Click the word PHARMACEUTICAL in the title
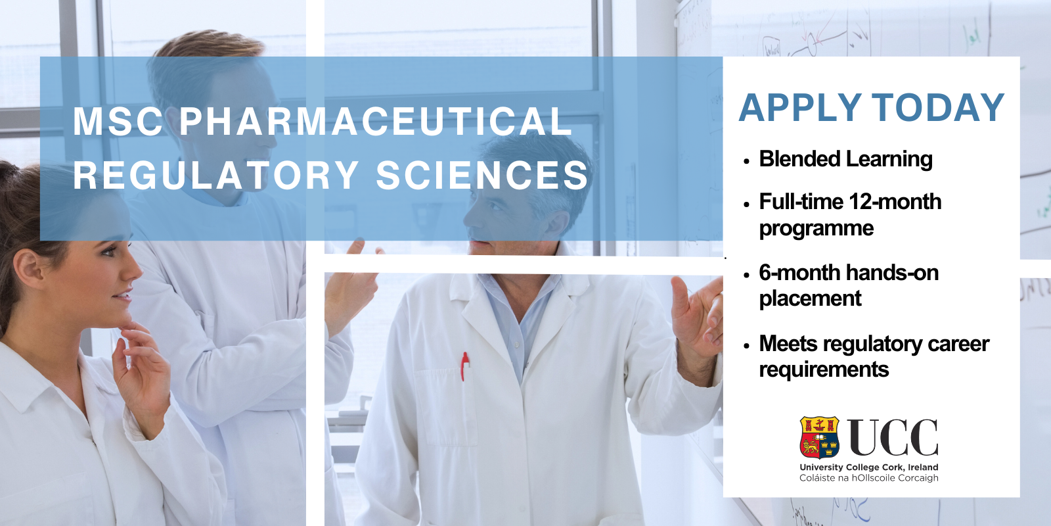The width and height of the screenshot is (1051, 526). [x=376, y=122]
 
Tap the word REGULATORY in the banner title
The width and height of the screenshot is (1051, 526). [x=216, y=175]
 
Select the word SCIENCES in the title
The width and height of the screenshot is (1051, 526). [x=482, y=175]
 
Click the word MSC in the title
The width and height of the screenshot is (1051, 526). [x=118, y=122]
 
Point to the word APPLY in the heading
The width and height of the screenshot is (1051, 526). [x=800, y=108]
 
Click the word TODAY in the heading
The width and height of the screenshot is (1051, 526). [x=938, y=108]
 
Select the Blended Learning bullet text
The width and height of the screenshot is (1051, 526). [x=845, y=158]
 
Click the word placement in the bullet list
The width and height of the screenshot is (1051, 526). [x=811, y=299]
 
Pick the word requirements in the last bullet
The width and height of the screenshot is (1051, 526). [x=824, y=369]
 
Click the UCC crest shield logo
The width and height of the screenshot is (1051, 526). [x=819, y=437]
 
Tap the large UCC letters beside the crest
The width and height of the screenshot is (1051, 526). [x=893, y=438]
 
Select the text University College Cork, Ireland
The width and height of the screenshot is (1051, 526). [x=869, y=467]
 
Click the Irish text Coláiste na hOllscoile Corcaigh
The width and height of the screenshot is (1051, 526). [x=869, y=478]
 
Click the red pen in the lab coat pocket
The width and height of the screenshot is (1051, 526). [x=464, y=366]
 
